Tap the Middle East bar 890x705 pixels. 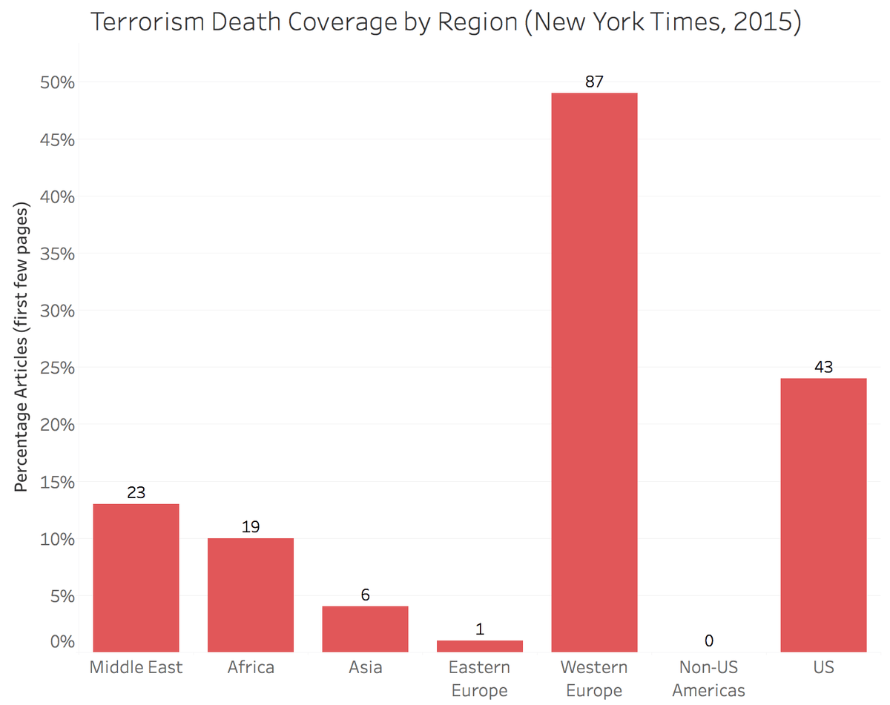point(136,577)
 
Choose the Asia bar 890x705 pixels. point(365,629)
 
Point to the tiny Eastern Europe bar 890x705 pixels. point(480,646)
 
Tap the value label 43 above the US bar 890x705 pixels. point(823,367)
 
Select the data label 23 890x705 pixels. point(136,492)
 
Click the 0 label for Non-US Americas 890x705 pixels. point(709,641)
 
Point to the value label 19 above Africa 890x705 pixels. point(251,527)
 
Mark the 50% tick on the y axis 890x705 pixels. point(57,82)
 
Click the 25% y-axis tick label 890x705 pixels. point(57,368)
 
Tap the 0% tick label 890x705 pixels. point(62,641)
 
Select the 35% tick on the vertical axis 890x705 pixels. point(57,254)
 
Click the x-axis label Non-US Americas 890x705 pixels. point(708,679)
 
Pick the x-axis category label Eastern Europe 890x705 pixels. point(480,679)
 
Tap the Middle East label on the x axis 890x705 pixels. point(136,667)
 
